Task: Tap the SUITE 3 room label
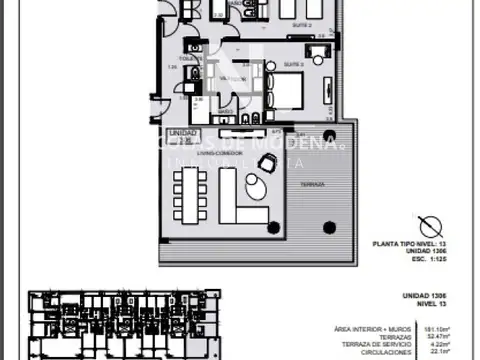coord(293,63)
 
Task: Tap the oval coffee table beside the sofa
coord(258,187)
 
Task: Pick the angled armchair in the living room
coord(267,163)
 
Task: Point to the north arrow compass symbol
coord(430,226)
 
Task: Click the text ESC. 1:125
coord(428,258)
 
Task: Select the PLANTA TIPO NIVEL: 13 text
coord(407,243)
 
